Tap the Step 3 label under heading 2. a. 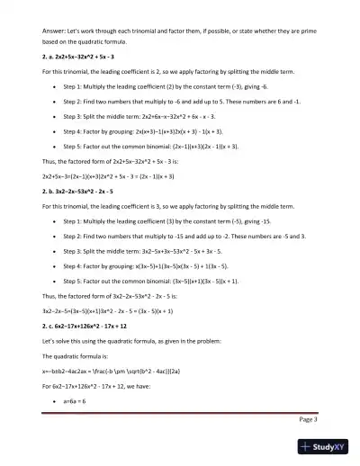(x=75, y=116)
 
